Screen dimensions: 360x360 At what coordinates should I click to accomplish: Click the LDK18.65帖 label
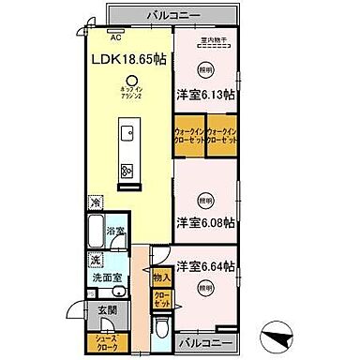click(129, 59)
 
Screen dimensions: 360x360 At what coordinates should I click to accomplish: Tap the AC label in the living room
click(116, 37)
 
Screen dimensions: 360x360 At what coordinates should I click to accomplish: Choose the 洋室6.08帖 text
click(205, 222)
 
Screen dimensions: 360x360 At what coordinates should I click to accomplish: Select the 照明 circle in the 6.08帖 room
click(205, 198)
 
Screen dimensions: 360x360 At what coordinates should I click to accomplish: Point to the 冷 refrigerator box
click(95, 202)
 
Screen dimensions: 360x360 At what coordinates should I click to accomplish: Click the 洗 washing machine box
click(95, 259)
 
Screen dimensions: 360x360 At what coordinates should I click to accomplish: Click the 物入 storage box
click(161, 277)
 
